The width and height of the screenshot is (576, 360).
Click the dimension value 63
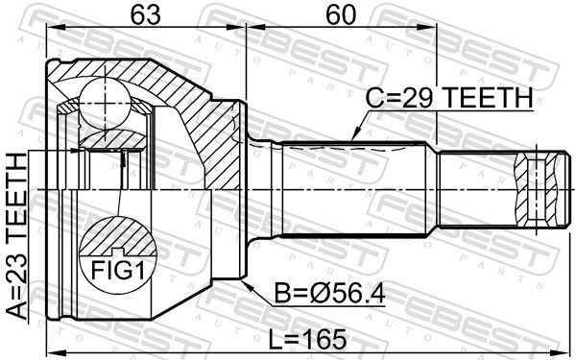(146, 15)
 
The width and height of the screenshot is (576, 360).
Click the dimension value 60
(342, 15)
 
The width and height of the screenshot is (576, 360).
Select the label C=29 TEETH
(449, 98)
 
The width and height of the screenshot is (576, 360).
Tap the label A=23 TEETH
(17, 236)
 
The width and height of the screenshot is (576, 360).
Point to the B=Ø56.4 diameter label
(330, 294)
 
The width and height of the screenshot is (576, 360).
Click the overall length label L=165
(308, 339)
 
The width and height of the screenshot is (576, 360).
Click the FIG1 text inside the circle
(117, 270)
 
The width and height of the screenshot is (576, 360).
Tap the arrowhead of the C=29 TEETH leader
(354, 136)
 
